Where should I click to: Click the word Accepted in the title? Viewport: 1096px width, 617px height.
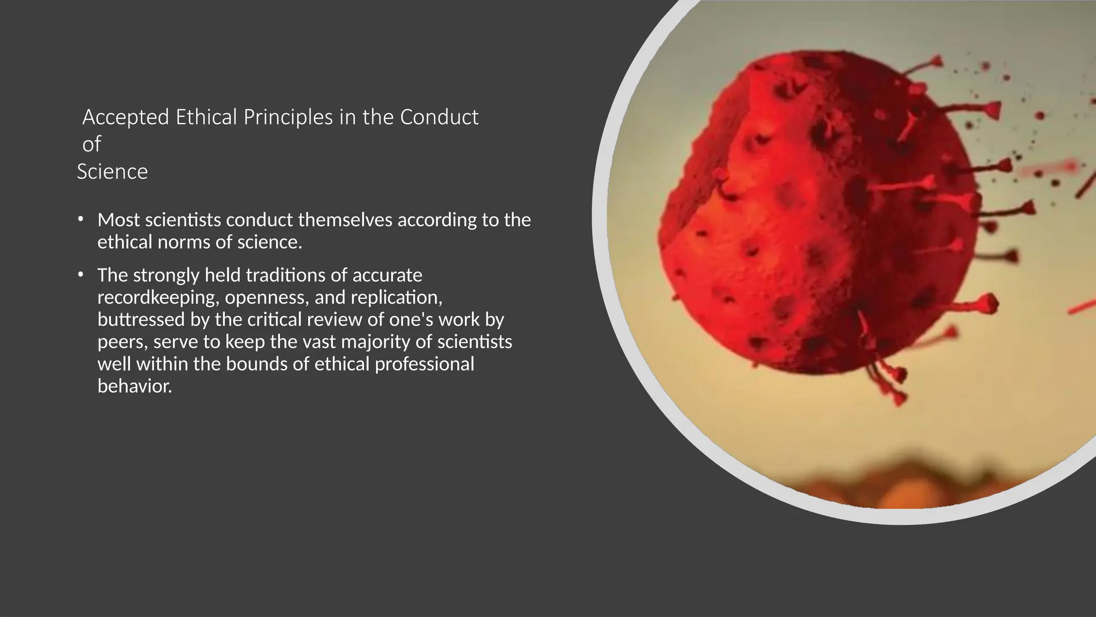(x=126, y=117)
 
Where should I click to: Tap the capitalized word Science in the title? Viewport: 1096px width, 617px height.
(x=112, y=172)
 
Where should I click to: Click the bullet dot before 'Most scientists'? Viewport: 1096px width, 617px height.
(x=80, y=219)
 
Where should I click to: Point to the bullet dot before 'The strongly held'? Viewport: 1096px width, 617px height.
(x=80, y=274)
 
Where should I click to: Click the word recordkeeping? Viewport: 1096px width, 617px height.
(x=158, y=297)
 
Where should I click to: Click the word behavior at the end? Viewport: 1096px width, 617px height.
(x=134, y=386)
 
